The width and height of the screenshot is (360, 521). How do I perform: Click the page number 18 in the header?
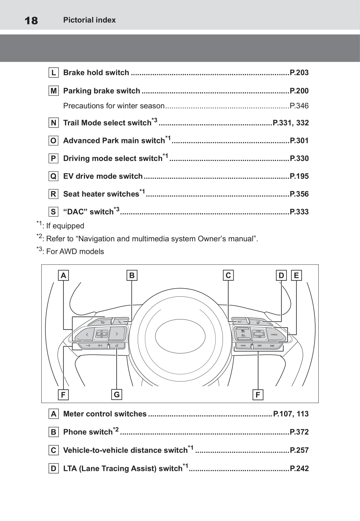click(x=31, y=21)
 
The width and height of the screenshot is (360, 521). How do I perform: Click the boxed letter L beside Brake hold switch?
click(x=54, y=73)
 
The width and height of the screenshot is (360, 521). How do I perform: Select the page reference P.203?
click(x=299, y=73)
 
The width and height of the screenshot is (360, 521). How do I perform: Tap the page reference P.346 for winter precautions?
click(x=299, y=106)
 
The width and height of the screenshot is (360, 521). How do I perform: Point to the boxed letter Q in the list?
click(x=54, y=176)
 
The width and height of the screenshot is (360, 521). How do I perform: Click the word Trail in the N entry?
click(x=71, y=123)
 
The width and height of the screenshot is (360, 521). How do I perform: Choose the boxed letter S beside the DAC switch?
click(x=54, y=212)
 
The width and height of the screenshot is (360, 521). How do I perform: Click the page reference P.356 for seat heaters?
click(x=299, y=194)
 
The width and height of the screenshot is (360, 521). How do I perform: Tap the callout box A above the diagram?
click(x=63, y=276)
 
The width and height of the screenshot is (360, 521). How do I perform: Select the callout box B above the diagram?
click(x=132, y=276)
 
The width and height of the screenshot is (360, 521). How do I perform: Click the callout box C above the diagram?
click(x=228, y=276)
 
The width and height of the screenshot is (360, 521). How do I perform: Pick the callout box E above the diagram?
click(x=296, y=276)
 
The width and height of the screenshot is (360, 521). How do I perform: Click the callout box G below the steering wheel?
click(x=117, y=395)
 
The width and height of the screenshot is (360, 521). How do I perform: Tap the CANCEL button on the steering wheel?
click(x=274, y=335)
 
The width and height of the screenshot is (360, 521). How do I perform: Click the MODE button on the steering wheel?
click(x=243, y=346)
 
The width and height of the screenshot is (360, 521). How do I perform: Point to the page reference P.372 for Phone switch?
click(x=299, y=432)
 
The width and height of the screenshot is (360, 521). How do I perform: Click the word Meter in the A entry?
click(x=73, y=414)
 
